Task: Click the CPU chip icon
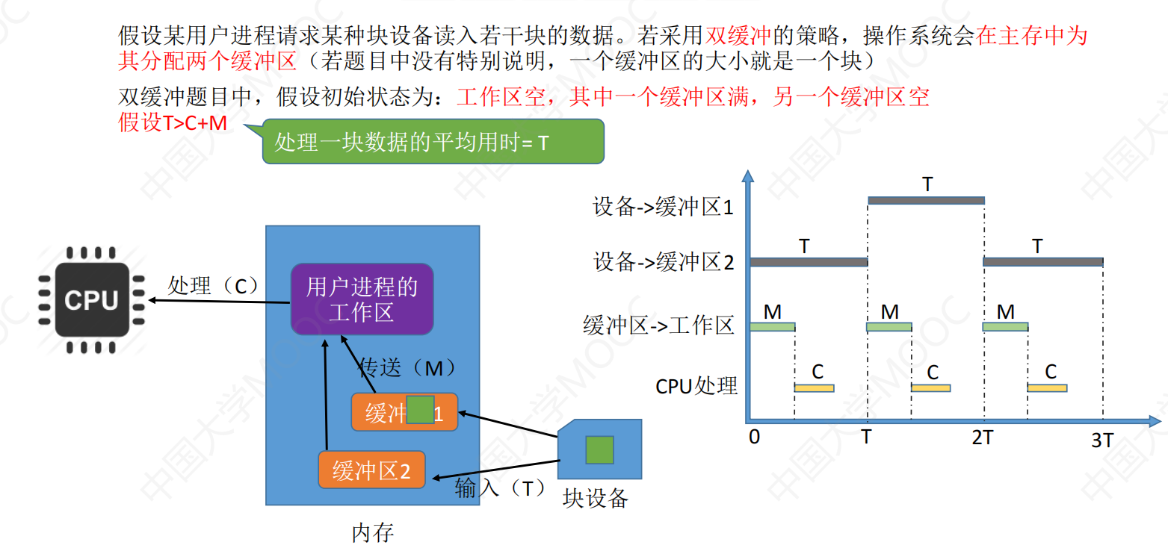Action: pyautogui.click(x=92, y=300)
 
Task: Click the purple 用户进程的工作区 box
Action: pyautogui.click(x=362, y=299)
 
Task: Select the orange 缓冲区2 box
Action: pyautogui.click(x=372, y=470)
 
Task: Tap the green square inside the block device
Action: pyautogui.click(x=599, y=450)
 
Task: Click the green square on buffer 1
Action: pyautogui.click(x=420, y=410)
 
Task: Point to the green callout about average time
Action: pyautogui.click(x=433, y=142)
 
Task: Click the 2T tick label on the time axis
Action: pyautogui.click(x=983, y=438)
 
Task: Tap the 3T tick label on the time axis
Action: pyautogui.click(x=1102, y=440)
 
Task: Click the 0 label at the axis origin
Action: pyautogui.click(x=754, y=437)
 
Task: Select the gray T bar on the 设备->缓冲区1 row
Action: pyautogui.click(x=926, y=201)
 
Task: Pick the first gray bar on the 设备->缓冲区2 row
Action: pyautogui.click(x=809, y=262)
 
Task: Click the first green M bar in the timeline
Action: pyautogui.click(x=773, y=327)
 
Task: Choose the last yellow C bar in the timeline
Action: pyautogui.click(x=1047, y=388)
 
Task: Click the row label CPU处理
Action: pyautogui.click(x=696, y=387)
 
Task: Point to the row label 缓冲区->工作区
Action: pyautogui.click(x=658, y=325)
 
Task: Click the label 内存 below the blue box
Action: pyautogui.click(x=373, y=532)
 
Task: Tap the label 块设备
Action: pyautogui.click(x=596, y=499)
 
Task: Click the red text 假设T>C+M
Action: pyautogui.click(x=173, y=123)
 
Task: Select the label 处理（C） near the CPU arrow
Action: pyautogui.click(x=213, y=285)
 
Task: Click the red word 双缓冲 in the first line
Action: pyautogui.click(x=738, y=35)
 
